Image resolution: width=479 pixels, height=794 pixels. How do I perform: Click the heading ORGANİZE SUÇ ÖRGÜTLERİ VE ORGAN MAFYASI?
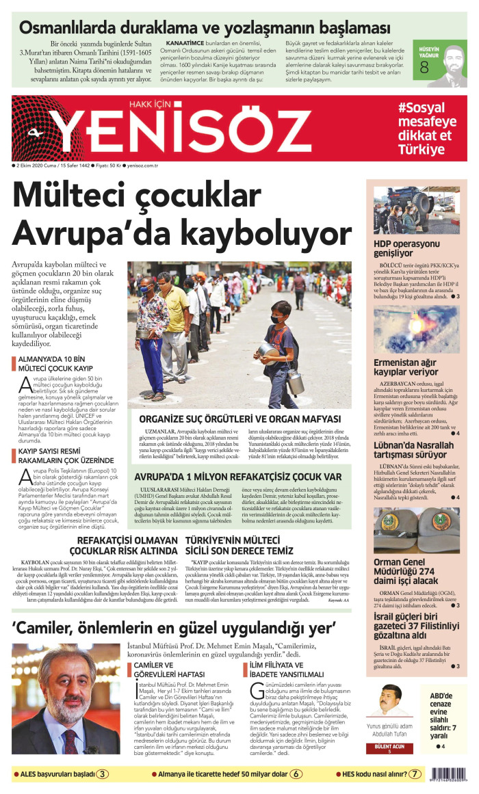(x=239, y=419)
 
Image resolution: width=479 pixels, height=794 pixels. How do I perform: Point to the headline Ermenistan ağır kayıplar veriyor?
(x=406, y=367)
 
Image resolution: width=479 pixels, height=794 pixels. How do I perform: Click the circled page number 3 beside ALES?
(x=101, y=774)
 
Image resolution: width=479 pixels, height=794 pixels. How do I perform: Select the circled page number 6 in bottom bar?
(x=296, y=774)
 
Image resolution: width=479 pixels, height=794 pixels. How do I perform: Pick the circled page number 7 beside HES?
(x=415, y=774)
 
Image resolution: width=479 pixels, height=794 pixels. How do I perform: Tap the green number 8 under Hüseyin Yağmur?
(x=424, y=67)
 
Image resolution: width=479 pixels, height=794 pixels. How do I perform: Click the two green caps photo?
(x=416, y=529)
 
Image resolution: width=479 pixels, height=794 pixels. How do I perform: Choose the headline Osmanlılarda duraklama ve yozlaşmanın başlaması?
(x=205, y=28)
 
